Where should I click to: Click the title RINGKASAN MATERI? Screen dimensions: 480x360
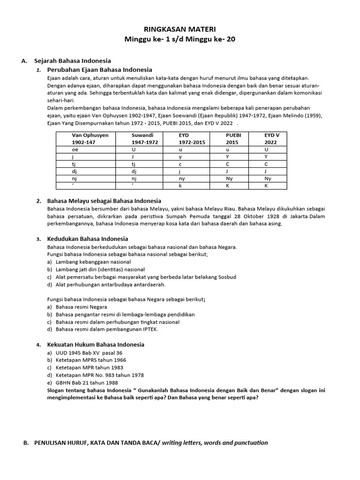coord(180,29)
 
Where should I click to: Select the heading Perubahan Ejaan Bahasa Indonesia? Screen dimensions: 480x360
coord(100,69)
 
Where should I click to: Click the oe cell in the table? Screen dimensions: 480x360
coord(75,149)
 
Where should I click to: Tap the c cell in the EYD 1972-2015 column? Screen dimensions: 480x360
coord(180,164)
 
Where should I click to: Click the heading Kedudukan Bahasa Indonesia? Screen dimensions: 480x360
coord(88,239)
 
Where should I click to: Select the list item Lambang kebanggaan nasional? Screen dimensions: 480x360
coord(93,262)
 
